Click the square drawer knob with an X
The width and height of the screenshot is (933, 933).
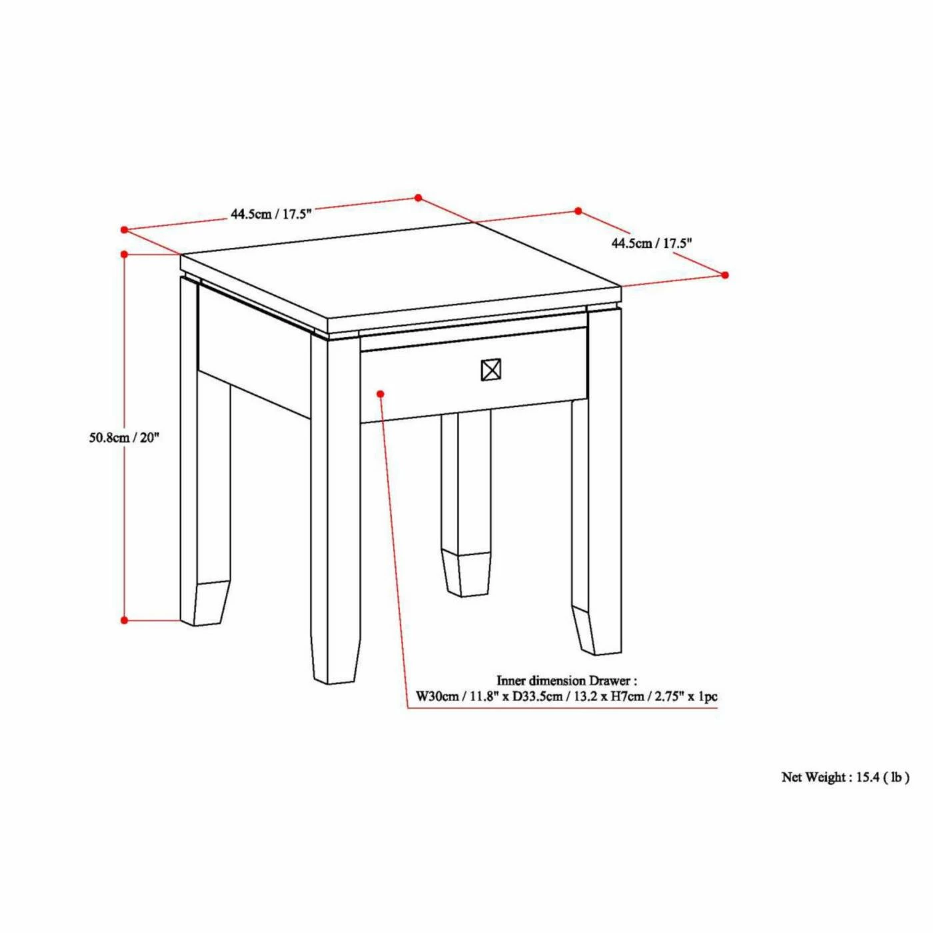pyautogui.click(x=490, y=371)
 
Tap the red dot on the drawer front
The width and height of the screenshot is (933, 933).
pyautogui.click(x=381, y=394)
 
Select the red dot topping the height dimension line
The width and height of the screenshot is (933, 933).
pyautogui.click(x=125, y=254)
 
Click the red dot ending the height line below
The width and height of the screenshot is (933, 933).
pyautogui.click(x=125, y=620)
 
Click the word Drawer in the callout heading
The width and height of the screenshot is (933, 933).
pyautogui.click(x=608, y=680)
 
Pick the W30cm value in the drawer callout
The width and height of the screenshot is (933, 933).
pyautogui.click(x=437, y=696)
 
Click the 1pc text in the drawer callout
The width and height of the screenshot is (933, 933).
pyautogui.click(x=707, y=696)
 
